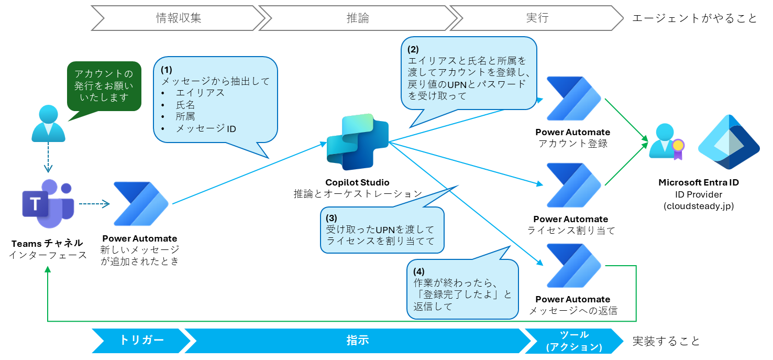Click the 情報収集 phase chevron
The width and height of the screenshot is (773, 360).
(178, 18)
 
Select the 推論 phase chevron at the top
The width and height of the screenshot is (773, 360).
(358, 18)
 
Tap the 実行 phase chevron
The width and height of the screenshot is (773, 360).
(537, 18)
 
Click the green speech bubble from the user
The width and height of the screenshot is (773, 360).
(104, 86)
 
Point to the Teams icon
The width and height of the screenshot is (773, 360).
(48, 205)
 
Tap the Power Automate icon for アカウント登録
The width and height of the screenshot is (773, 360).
(573, 100)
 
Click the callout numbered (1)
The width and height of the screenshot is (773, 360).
(215, 100)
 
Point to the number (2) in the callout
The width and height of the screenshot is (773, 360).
(413, 50)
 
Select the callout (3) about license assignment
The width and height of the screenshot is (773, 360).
(382, 230)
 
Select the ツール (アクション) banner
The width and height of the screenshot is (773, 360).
(574, 341)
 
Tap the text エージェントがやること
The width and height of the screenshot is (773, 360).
(694, 18)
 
